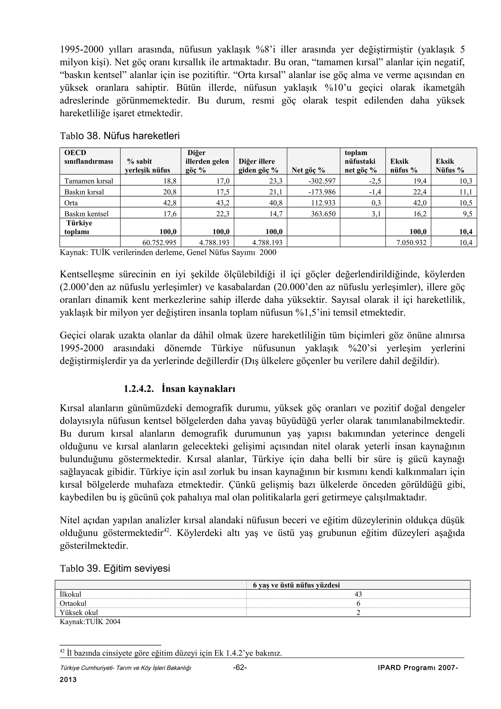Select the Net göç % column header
click(x=308, y=170)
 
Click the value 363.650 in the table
click(x=323, y=214)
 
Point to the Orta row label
click(x=71, y=203)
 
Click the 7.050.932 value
click(x=411, y=243)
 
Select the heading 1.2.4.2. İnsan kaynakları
click(x=179, y=389)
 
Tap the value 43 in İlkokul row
click(x=358, y=594)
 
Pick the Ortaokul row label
click(x=73, y=603)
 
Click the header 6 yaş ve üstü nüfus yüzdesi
click(x=296, y=585)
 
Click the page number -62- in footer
click(x=240, y=668)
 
